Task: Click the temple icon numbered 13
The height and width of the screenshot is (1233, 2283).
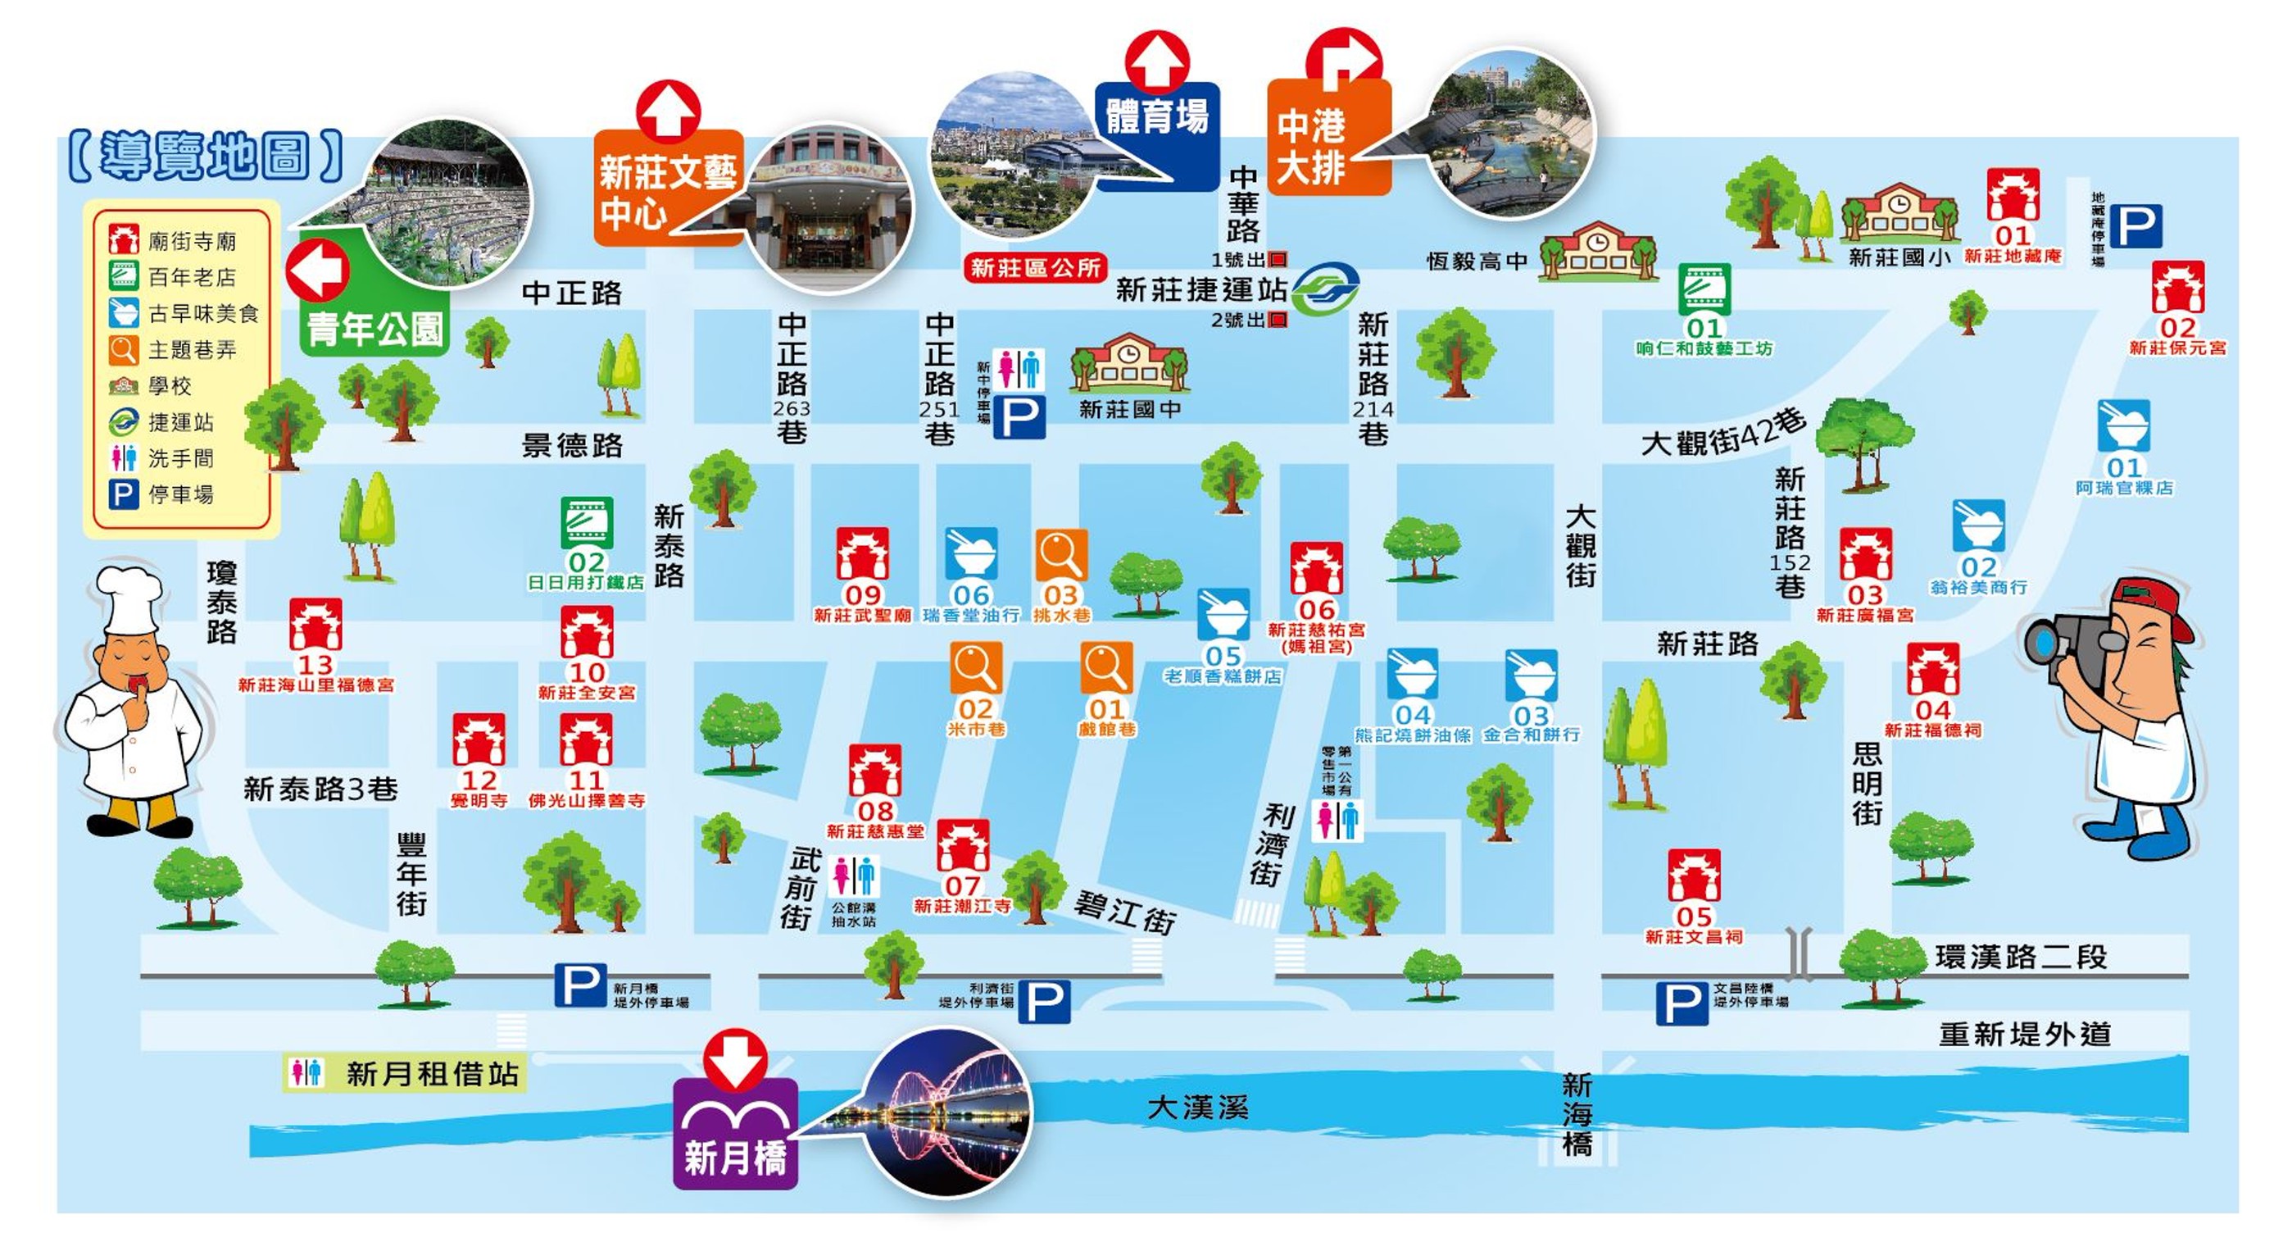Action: pos(315,625)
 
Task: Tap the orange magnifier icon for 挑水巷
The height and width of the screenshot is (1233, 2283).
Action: pos(1061,555)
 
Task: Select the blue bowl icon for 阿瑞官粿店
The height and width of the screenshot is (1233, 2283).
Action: pos(2123,426)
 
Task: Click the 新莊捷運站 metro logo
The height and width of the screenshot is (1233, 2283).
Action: pos(1324,287)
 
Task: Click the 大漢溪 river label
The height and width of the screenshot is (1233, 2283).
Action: pos(1197,1107)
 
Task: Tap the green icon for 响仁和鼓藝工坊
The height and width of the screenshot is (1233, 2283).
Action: pos(1704,289)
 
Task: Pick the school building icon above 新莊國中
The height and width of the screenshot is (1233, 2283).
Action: pos(1129,363)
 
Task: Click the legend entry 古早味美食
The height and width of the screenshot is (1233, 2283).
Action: pos(202,314)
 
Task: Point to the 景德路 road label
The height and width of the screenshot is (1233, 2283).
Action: pos(572,445)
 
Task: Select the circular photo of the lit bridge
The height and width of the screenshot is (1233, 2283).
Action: pos(948,1112)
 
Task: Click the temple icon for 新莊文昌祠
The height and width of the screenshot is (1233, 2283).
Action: pos(1694,876)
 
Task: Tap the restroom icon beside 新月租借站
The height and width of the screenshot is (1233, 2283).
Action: pos(306,1073)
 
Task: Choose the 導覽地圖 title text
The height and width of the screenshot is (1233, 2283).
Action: pos(205,157)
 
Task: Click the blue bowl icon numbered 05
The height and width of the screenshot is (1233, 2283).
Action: pos(1223,614)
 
